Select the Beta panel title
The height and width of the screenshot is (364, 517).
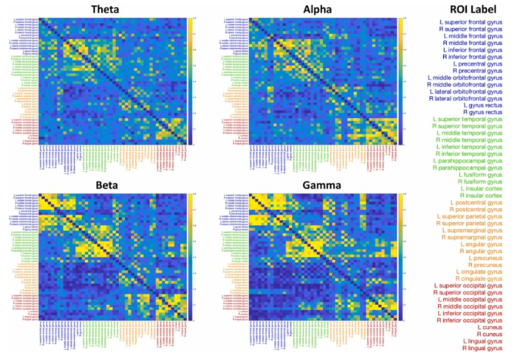click(x=114, y=184)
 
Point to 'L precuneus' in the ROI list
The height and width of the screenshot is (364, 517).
click(x=487, y=258)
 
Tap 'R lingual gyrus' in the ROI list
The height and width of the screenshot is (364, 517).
click(x=484, y=347)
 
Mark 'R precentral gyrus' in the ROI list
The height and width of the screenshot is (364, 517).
click(x=479, y=72)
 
